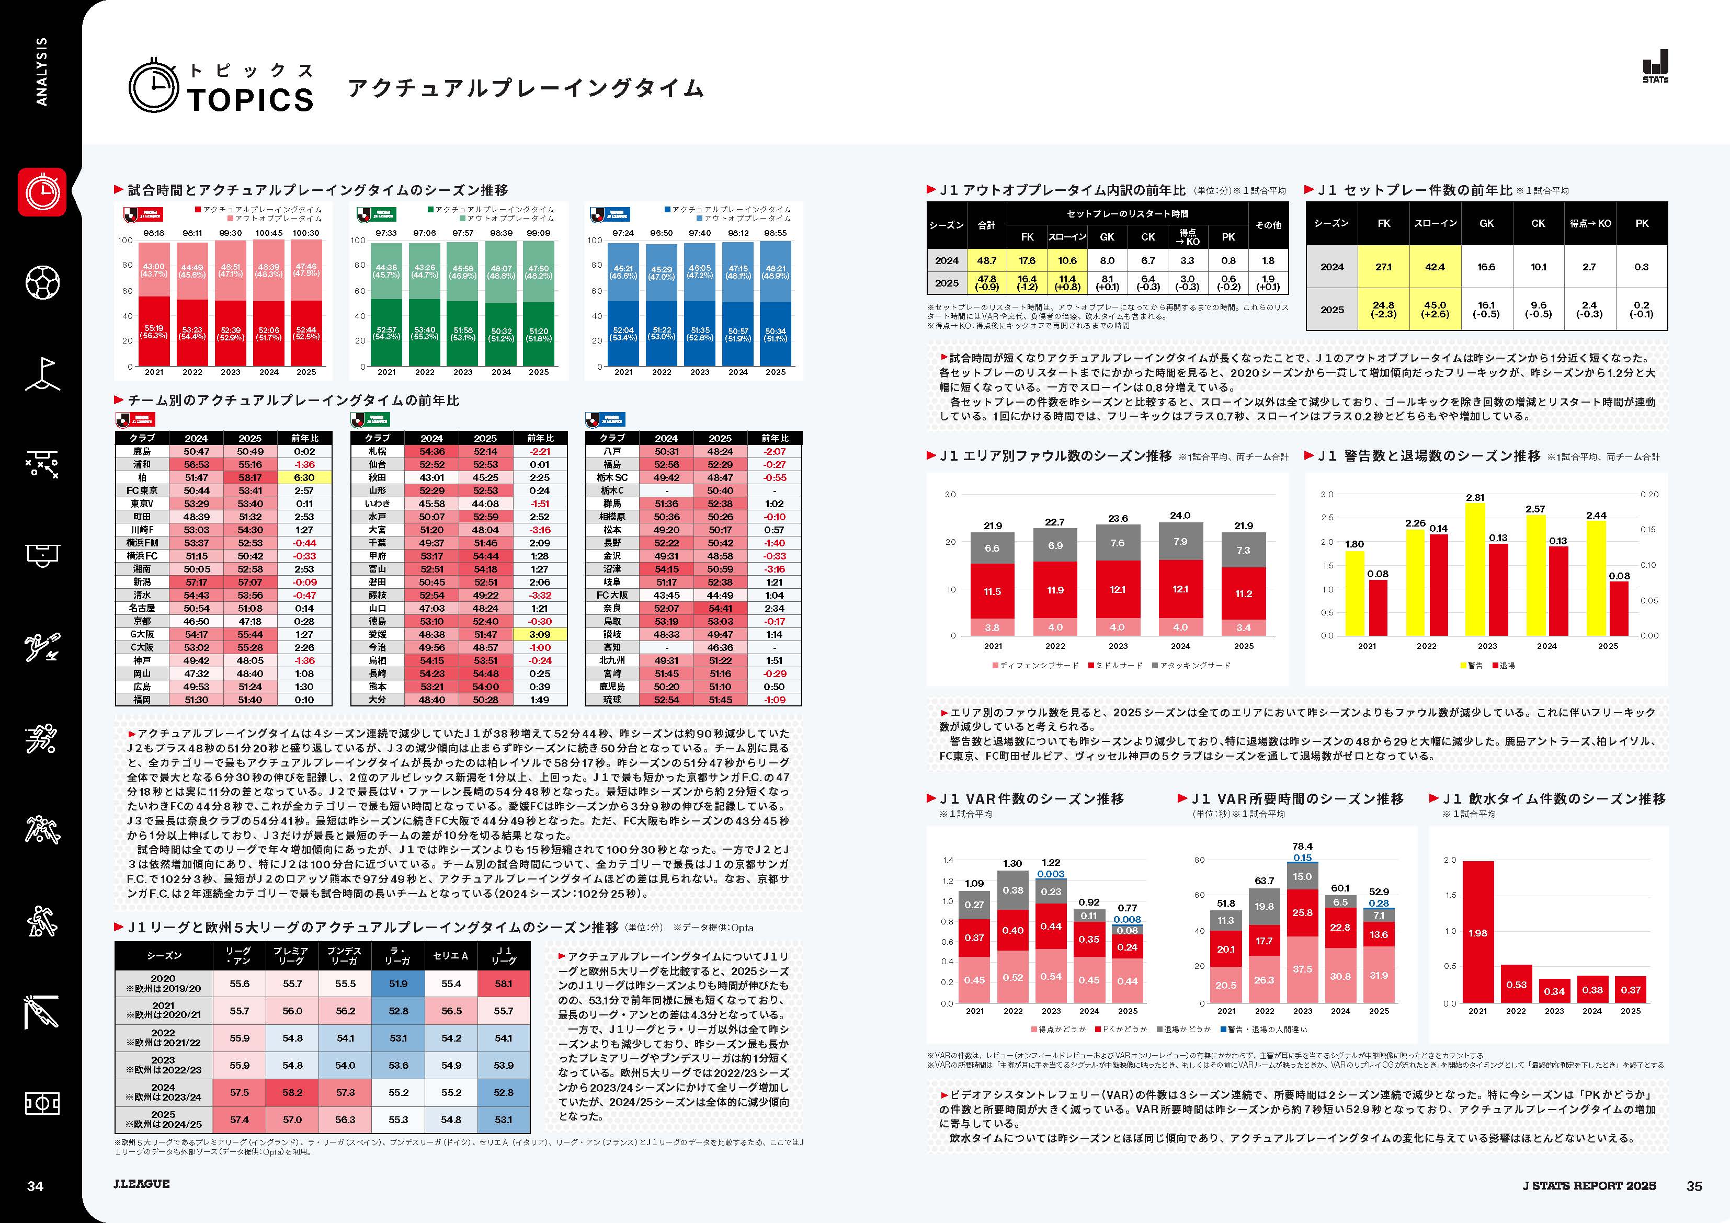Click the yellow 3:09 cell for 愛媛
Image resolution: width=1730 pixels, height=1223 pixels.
(x=540, y=634)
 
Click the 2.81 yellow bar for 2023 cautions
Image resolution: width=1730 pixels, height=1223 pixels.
(x=1475, y=569)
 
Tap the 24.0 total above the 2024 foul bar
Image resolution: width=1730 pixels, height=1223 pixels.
(x=1180, y=516)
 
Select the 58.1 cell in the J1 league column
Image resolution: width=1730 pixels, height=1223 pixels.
(x=503, y=984)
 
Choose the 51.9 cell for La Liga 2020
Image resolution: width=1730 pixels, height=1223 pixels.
(x=398, y=984)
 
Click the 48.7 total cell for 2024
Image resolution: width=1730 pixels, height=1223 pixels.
(x=986, y=261)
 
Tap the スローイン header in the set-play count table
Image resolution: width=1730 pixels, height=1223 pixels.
(x=1436, y=223)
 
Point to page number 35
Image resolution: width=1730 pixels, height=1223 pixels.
(x=1694, y=1186)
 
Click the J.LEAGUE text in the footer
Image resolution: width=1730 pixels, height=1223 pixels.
(x=142, y=1184)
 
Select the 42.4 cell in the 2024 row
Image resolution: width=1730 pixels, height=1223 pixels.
(x=1436, y=267)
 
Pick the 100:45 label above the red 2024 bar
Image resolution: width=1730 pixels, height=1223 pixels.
(x=269, y=233)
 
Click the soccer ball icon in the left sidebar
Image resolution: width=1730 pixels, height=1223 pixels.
(x=42, y=282)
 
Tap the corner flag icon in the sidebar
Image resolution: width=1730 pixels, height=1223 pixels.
(x=42, y=373)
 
